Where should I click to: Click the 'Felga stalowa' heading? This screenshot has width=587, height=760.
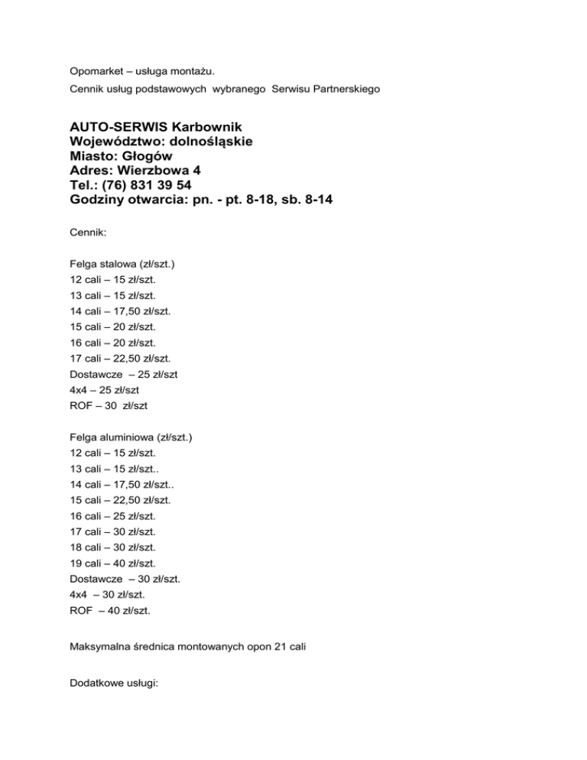pyautogui.click(x=100, y=262)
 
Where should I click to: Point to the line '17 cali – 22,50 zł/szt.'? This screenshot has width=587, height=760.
pyautogui.click(x=120, y=359)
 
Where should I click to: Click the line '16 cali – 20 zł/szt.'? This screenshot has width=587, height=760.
pyautogui.click(x=112, y=343)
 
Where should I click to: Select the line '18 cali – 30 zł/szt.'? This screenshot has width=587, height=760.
pyautogui.click(x=112, y=547)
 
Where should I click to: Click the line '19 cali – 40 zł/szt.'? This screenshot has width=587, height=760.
pyautogui.click(x=112, y=564)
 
